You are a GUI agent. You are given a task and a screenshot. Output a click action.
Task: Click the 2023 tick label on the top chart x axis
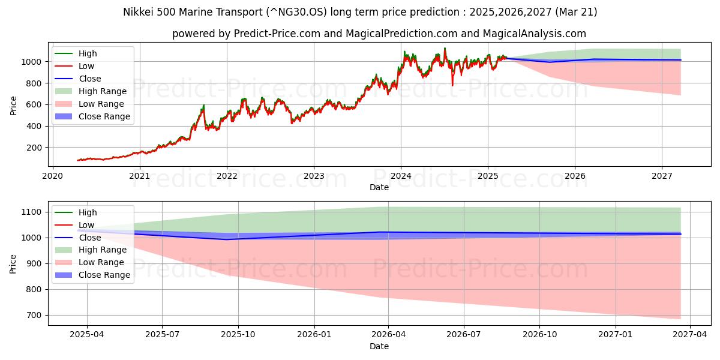tap(313, 176)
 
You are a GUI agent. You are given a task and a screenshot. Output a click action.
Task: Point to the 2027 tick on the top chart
tap(662, 176)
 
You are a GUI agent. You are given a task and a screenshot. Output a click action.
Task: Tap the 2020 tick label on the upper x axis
tap(52, 176)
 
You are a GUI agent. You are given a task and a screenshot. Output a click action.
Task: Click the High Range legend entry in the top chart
tap(102, 91)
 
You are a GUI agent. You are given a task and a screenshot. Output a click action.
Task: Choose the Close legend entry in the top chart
tap(89, 79)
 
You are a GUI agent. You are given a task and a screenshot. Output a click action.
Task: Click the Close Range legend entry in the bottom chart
tap(104, 275)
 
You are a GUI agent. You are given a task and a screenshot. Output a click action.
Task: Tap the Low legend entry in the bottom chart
tap(86, 225)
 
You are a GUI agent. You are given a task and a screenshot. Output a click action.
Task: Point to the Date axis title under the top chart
tap(379, 187)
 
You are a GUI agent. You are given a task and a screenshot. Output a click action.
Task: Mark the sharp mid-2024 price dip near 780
tap(452, 85)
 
